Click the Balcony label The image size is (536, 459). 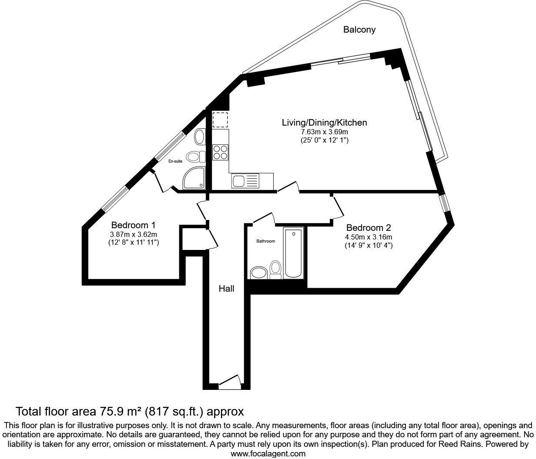pyautogui.click(x=359, y=30)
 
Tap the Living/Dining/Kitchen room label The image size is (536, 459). pyautogui.click(x=324, y=123)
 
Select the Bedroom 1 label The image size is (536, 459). pyautogui.click(x=133, y=225)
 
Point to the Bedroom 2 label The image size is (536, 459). pyautogui.click(x=368, y=228)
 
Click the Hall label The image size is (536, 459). pyautogui.click(x=226, y=289)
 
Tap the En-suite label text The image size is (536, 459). pyautogui.click(x=175, y=161)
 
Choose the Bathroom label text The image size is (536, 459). pyautogui.click(x=265, y=241)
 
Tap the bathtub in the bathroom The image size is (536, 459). pyautogui.click(x=294, y=253)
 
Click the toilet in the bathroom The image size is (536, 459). pyautogui.click(x=275, y=269)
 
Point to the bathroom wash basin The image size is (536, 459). pyautogui.click(x=258, y=273)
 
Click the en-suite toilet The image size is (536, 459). pyautogui.click(x=194, y=156)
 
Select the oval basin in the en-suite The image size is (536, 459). pyautogui.click(x=199, y=136)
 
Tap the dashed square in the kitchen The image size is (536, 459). pyautogui.click(x=220, y=120)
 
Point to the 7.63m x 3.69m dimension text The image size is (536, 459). pyautogui.click(x=324, y=132)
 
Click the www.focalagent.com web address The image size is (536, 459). pyautogui.click(x=268, y=454)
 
